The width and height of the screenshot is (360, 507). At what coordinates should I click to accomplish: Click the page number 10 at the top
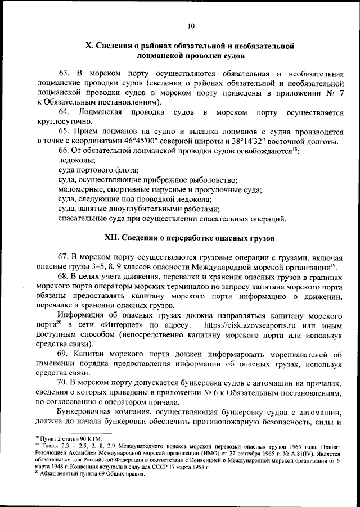tap(191, 25)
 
